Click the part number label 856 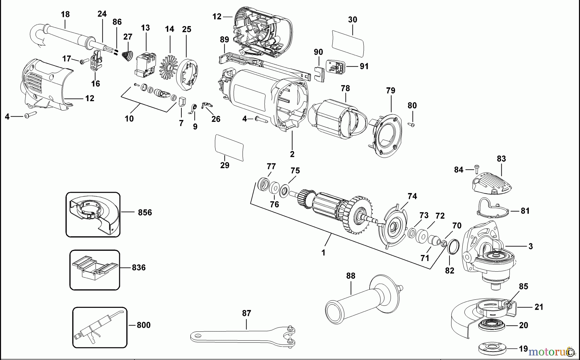(x=145, y=213)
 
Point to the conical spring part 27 (x=128, y=56)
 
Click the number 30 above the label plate (x=353, y=20)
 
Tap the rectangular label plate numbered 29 (x=229, y=148)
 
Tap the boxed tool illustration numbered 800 (x=100, y=327)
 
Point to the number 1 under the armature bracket (x=324, y=253)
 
